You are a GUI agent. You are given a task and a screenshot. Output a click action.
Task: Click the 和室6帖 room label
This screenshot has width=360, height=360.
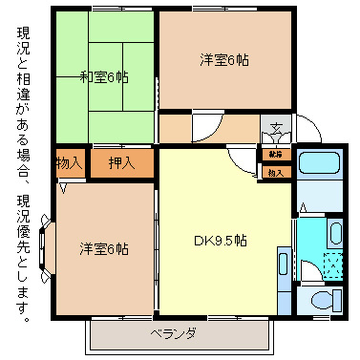tap(105, 76)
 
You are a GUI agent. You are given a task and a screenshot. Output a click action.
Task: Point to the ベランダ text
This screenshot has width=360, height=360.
tap(174, 333)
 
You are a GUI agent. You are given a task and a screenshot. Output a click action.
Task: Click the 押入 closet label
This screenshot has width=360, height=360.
tap(121, 163)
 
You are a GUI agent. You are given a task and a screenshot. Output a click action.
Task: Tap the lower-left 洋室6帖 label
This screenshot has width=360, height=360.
tap(104, 249)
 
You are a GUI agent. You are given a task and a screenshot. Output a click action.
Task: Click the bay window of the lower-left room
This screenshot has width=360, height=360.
tap(48, 245)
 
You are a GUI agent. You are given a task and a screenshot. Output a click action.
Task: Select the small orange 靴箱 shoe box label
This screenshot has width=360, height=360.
tap(275, 154)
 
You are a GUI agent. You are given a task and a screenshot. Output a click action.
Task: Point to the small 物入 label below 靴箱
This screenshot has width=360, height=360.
tap(275, 172)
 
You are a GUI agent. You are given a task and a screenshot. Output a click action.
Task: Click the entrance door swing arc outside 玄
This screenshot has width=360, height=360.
tap(307, 127)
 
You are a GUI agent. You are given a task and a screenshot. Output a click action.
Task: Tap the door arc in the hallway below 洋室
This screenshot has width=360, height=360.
tap(206, 126)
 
